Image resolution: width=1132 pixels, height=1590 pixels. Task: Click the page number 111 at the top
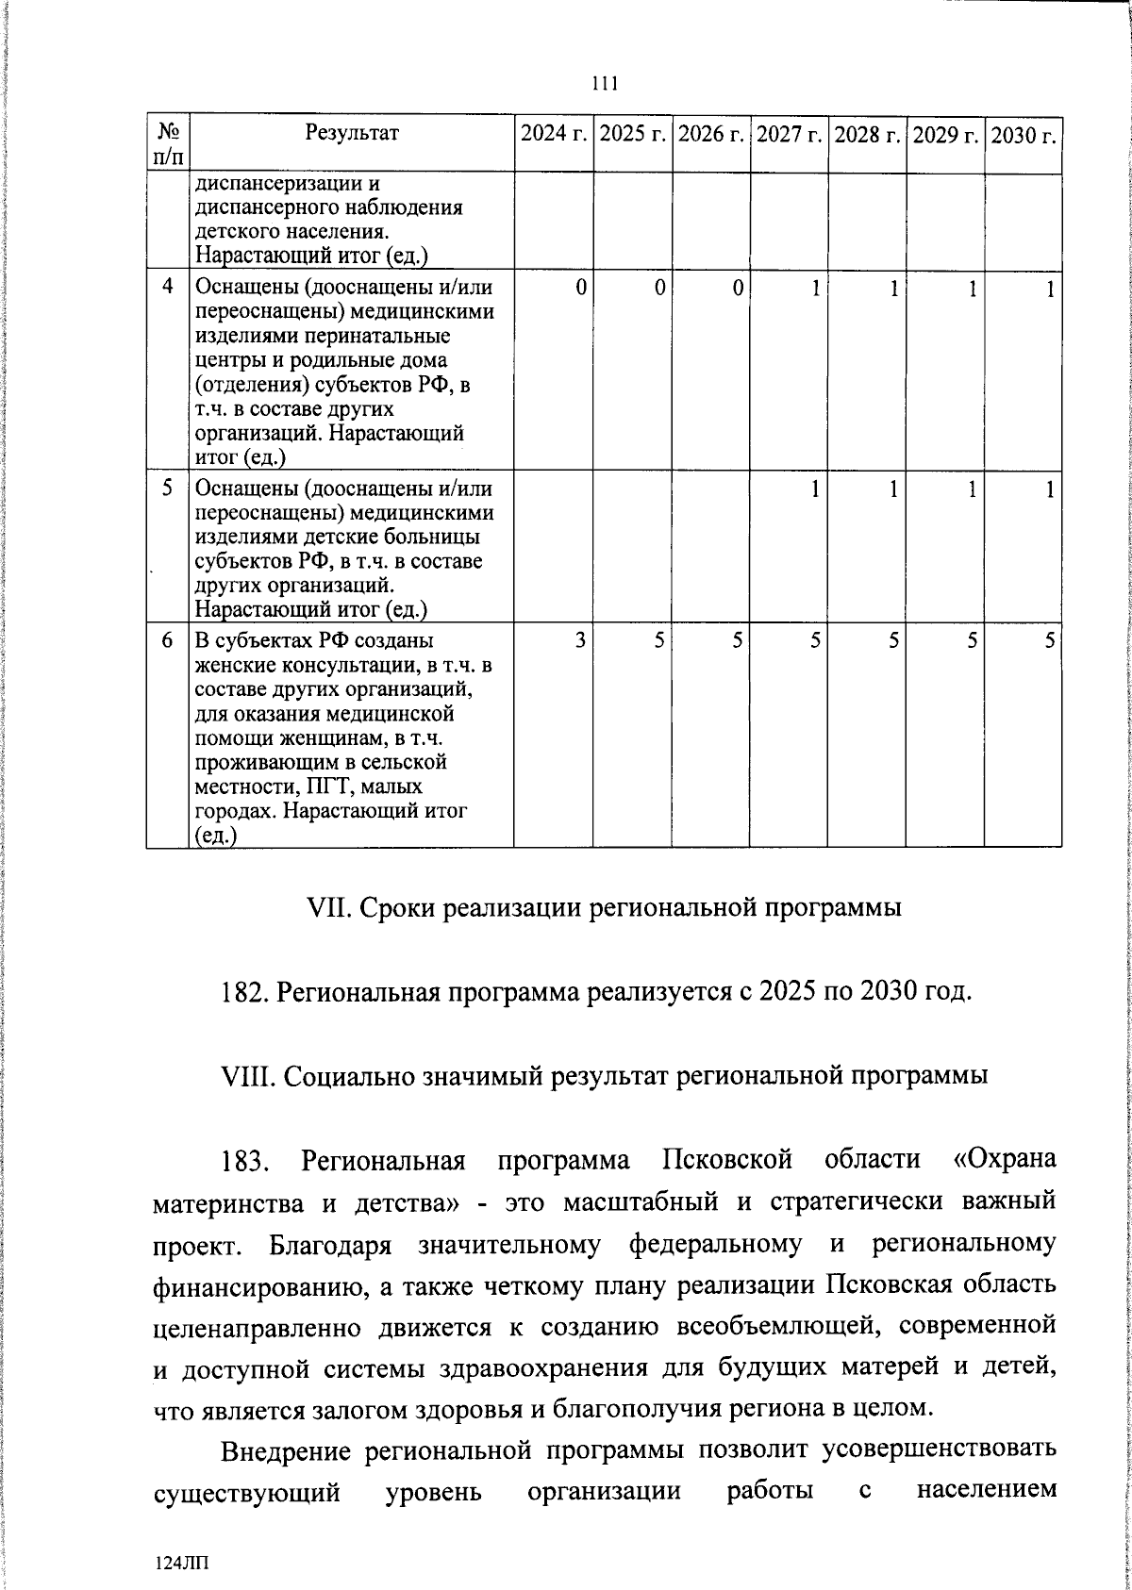[x=604, y=84]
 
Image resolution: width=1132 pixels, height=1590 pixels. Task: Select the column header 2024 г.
[x=553, y=134]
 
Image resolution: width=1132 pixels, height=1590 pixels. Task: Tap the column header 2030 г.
[x=1023, y=134]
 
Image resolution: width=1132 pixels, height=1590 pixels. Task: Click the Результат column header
[x=352, y=133]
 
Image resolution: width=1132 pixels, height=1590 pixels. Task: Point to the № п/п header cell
[x=167, y=143]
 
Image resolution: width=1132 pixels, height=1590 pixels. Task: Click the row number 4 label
[x=167, y=287]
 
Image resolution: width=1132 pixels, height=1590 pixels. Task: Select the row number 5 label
[x=167, y=489]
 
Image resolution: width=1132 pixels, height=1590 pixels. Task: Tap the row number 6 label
[x=167, y=640]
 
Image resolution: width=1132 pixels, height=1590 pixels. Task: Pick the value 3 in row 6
[x=579, y=640]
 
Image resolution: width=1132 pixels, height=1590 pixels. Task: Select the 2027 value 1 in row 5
[x=814, y=489]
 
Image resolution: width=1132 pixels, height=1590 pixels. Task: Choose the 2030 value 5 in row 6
[x=1049, y=640]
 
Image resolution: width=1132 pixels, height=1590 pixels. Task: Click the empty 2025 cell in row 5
[x=631, y=547]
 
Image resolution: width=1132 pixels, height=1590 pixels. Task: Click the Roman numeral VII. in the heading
[x=328, y=908]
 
